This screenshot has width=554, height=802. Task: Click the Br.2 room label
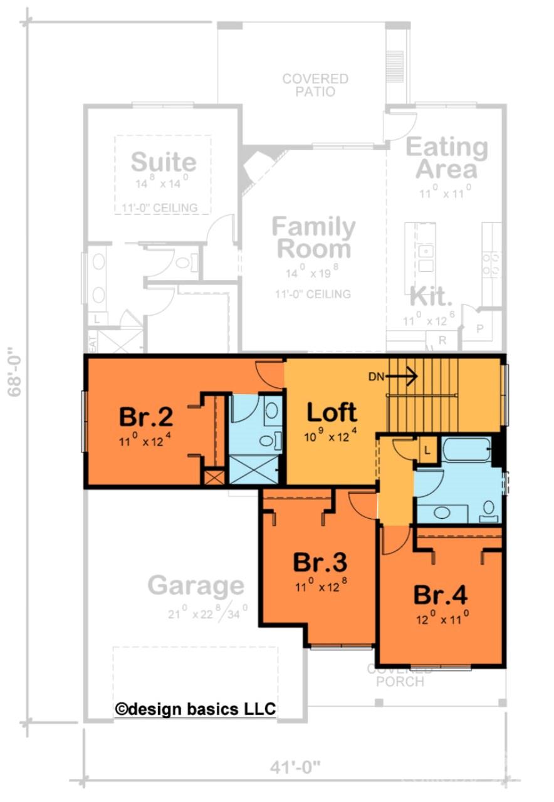coord(145,417)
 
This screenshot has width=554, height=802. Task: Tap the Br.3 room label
coord(320,563)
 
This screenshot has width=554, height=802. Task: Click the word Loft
coord(332,412)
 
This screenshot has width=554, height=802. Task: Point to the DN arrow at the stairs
coord(402,377)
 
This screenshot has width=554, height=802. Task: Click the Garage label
coord(196,586)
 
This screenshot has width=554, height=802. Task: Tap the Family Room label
coord(313,237)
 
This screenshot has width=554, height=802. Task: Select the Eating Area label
coord(446,158)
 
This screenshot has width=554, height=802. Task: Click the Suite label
coord(163,162)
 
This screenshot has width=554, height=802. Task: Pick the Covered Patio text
coord(315,85)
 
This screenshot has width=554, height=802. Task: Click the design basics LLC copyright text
coord(196,709)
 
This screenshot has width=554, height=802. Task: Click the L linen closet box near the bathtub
coord(427,450)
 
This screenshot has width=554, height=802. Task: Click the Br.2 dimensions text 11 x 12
coord(145,441)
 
